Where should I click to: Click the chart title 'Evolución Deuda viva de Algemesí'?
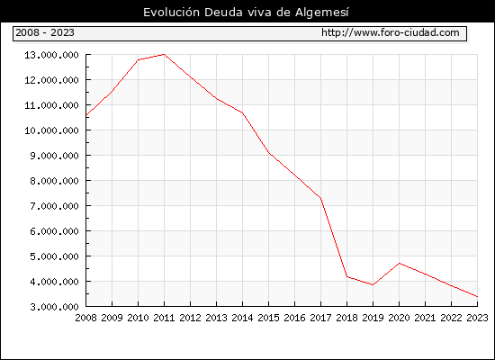246,13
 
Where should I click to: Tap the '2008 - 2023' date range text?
45,32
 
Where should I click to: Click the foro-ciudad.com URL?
391,32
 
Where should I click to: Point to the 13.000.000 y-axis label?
51,55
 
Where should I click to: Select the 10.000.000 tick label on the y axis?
51,130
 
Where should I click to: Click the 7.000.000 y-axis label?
54,206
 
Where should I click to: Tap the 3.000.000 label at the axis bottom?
54,307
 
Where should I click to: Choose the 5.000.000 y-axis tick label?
54,256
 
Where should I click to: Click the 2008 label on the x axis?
85,318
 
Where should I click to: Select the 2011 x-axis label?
164,318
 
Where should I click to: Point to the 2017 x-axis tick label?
320,318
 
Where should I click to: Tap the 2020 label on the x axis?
399,318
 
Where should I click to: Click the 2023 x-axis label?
477,318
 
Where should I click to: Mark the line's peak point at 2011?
164,54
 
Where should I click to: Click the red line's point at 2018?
346,276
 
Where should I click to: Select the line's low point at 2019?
373,284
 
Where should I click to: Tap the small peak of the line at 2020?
399,263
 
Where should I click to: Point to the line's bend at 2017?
320,198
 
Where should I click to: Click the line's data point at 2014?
242,112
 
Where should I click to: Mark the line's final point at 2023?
477,296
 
